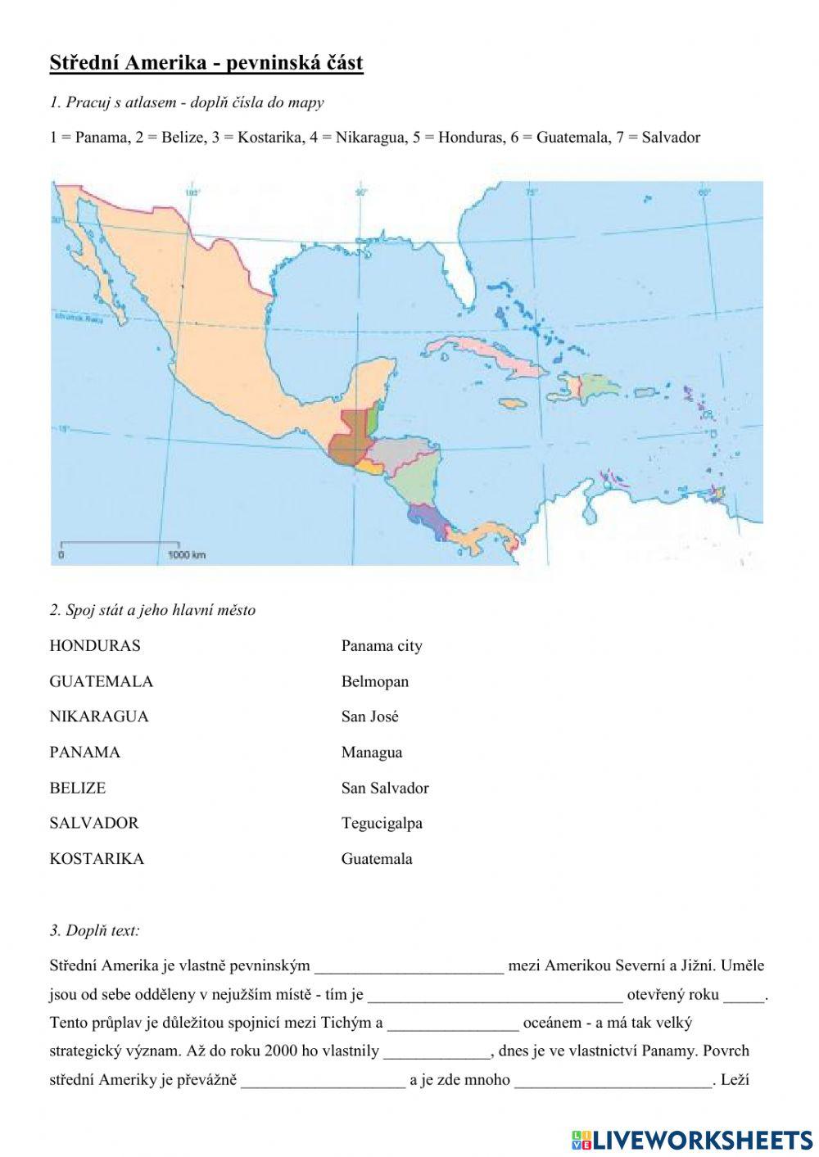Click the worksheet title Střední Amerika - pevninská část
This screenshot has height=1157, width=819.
pos(206,63)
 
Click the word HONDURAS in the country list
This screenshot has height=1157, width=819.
pos(95,646)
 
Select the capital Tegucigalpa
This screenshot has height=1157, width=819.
pos(382,824)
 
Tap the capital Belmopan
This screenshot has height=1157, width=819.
pos(375,681)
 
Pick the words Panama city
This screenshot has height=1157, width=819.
pos(382,646)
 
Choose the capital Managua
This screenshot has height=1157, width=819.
pos(372,753)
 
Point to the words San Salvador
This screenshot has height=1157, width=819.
pos(385,788)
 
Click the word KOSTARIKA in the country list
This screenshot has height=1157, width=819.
pos(97,859)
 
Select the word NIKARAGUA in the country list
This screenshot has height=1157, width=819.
pos(99,716)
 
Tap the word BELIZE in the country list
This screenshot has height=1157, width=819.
pos(78,788)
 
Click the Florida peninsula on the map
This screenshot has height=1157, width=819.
pos(463,274)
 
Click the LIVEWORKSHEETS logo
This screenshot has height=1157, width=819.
pos(692,1139)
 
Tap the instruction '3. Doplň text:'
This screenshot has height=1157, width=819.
pos(94,930)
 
